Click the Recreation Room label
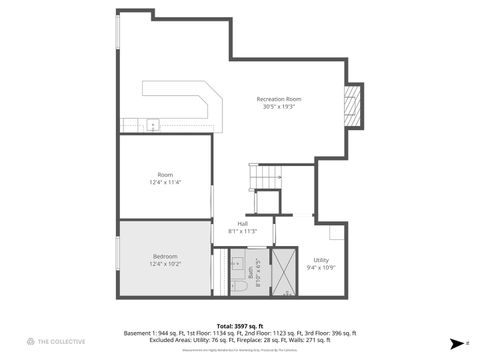[279, 99]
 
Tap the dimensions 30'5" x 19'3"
[279, 106]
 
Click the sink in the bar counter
[152, 125]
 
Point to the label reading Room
[165, 175]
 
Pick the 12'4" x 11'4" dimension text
[165, 182]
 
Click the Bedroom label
[165, 257]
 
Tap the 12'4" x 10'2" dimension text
[165, 264]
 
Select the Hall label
[242, 223]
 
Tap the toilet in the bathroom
[237, 287]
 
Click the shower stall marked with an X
[285, 273]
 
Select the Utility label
[320, 260]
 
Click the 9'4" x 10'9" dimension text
[320, 267]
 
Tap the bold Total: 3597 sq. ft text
[239, 325]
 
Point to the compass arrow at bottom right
[455, 342]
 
